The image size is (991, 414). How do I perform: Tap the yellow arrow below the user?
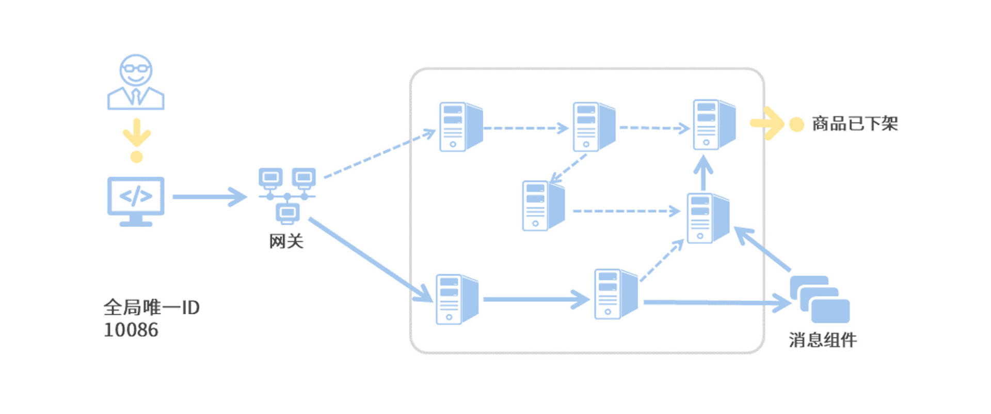[x=137, y=133]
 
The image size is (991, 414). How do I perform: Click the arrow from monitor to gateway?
[x=209, y=197]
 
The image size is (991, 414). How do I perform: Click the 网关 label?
[x=286, y=241]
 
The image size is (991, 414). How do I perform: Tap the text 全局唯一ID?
[x=151, y=308]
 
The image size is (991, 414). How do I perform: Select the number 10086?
[x=131, y=330]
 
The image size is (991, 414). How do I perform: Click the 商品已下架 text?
[x=855, y=124]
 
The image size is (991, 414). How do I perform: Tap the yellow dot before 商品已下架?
[x=796, y=125]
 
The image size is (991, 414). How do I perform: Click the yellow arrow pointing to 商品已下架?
[x=767, y=123]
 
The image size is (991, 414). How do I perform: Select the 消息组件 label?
[x=822, y=340]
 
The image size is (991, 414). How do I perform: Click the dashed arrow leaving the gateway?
[x=379, y=154]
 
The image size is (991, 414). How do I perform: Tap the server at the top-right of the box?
[x=713, y=125]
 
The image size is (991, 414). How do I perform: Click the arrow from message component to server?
[x=762, y=249]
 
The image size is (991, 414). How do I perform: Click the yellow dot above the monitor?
[x=137, y=157]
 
